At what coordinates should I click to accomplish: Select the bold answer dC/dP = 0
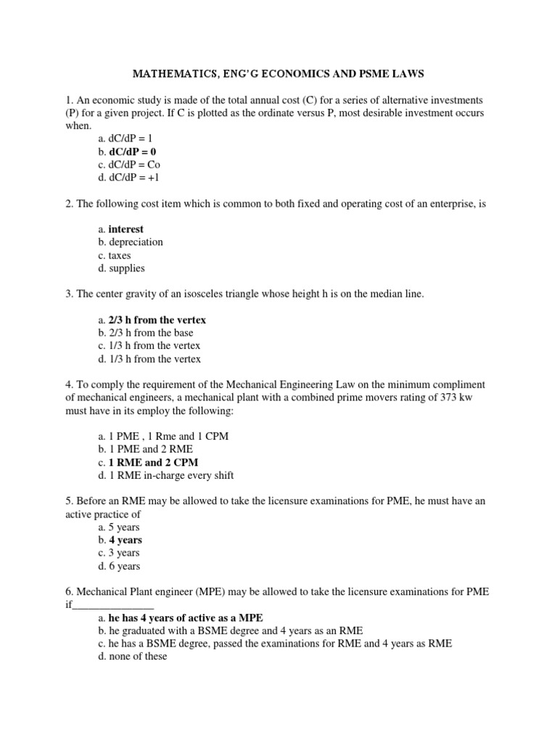click(x=132, y=152)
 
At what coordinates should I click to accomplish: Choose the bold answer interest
click(x=126, y=229)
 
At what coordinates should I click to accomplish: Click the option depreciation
click(x=136, y=242)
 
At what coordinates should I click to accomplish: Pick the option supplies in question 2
click(x=127, y=268)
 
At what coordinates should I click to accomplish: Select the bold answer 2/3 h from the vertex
click(x=157, y=320)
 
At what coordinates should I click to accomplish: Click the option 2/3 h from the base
click(x=151, y=333)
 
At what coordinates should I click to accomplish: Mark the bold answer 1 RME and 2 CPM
click(x=153, y=462)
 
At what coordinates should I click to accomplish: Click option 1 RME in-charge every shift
click(x=171, y=475)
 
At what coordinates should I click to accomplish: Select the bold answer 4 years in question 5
click(x=125, y=540)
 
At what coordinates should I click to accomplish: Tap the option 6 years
click(x=125, y=566)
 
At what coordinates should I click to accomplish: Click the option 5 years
click(x=125, y=527)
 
